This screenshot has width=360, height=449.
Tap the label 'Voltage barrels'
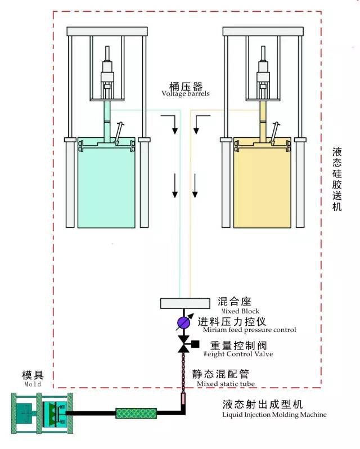click(x=186, y=94)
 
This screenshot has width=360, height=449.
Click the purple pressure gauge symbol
click(x=183, y=322)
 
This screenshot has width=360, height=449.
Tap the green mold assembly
click(x=39, y=414)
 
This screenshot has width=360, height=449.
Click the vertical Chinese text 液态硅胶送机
click(x=337, y=179)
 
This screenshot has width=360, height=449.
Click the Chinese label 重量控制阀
click(x=234, y=345)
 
